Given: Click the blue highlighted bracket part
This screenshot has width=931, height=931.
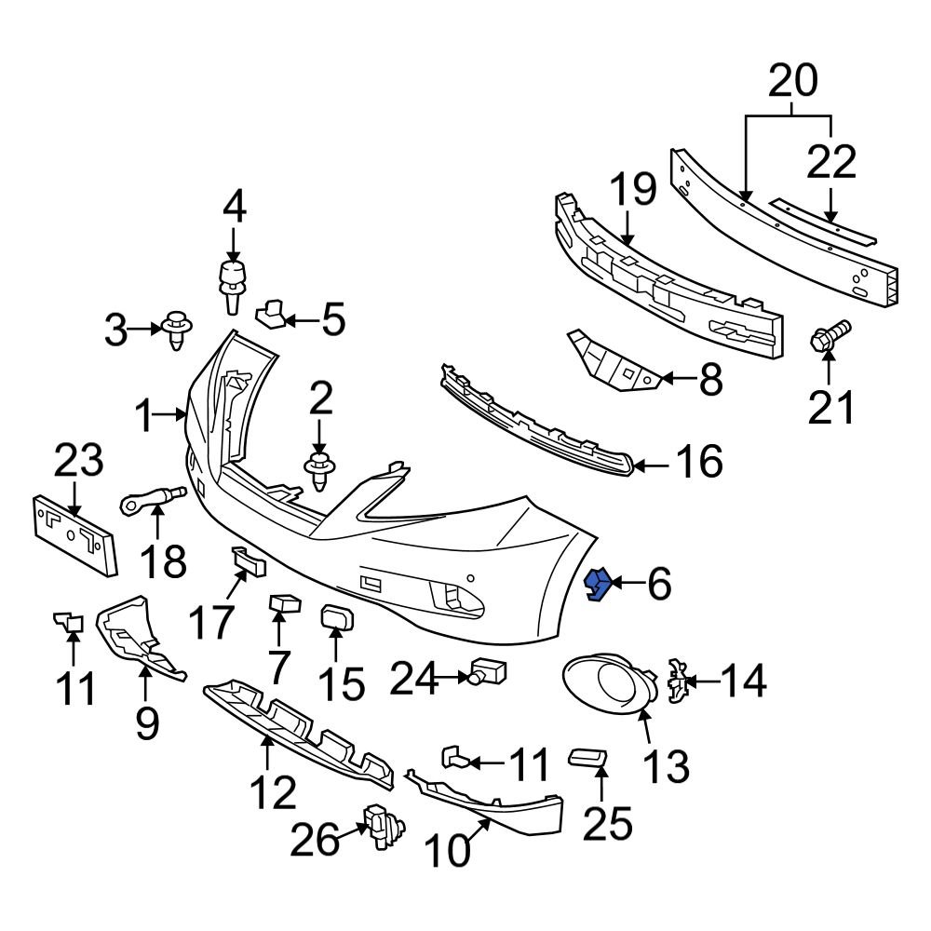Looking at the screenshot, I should click(x=596, y=586).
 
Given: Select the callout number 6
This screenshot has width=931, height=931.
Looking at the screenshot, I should click(x=658, y=585).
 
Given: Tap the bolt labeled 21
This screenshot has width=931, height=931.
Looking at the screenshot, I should click(x=830, y=337).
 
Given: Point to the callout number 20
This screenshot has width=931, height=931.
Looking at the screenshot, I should click(x=793, y=82).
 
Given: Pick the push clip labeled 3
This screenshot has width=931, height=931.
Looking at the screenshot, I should click(x=177, y=329).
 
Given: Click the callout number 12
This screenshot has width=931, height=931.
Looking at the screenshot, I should click(x=272, y=792).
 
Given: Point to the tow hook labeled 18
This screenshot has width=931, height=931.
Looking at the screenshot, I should click(x=154, y=500).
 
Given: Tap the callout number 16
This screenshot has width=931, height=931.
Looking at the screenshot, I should click(x=698, y=462).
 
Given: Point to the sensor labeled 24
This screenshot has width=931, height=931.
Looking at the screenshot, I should click(x=488, y=670).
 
